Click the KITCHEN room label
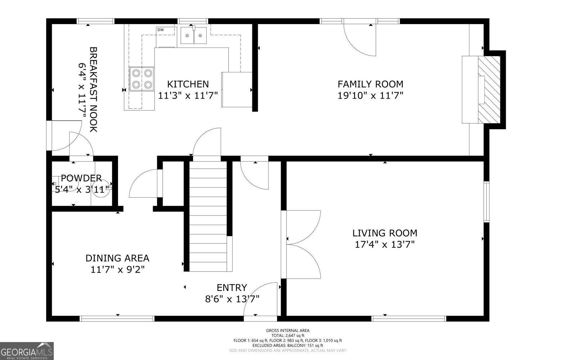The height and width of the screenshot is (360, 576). [188, 84]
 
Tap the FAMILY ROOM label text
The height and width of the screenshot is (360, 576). [370, 84]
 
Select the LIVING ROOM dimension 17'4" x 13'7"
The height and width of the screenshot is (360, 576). [384, 245]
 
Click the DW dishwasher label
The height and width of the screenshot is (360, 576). [160, 30]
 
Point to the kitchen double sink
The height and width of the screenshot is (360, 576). [194, 35]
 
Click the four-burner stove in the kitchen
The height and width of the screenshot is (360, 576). [142, 79]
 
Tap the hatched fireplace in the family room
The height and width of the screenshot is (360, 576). [489, 90]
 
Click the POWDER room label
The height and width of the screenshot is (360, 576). [81, 178]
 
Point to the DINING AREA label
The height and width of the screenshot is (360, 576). [117, 258]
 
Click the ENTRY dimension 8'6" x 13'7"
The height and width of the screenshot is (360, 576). [232, 299]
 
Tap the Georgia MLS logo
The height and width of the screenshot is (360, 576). [27, 351]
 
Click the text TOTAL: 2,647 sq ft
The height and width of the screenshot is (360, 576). [288, 336]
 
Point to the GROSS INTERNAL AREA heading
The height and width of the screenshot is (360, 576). [288, 330]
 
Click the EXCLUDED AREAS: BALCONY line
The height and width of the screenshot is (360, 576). [288, 345]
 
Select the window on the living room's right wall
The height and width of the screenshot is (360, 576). [486, 202]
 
